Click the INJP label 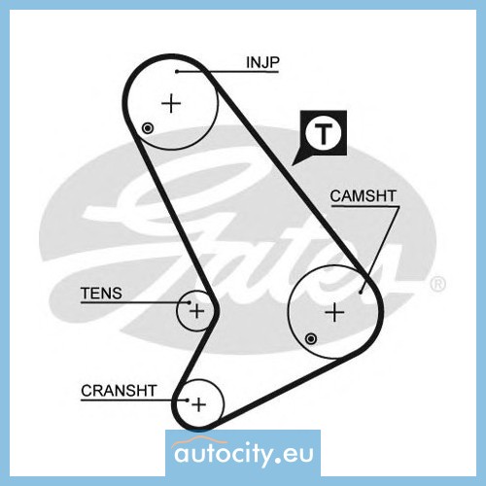click(x=262, y=62)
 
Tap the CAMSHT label click(x=363, y=196)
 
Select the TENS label click(x=101, y=294)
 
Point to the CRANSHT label click(x=119, y=391)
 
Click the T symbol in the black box click(x=323, y=134)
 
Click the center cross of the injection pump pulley click(x=171, y=103)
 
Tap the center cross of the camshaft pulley click(x=334, y=312)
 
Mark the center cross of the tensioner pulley click(x=196, y=312)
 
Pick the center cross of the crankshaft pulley click(x=198, y=404)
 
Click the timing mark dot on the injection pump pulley click(x=148, y=128)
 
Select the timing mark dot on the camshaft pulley click(x=311, y=339)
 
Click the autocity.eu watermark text click(x=244, y=454)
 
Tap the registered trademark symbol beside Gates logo click(x=437, y=284)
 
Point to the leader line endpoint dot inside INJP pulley click(x=177, y=71)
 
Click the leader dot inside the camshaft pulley click(x=361, y=293)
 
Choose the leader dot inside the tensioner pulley click(x=190, y=302)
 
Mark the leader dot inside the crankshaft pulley click(x=188, y=400)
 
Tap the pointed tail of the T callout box click(x=293, y=165)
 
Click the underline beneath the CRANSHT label click(x=134, y=400)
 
